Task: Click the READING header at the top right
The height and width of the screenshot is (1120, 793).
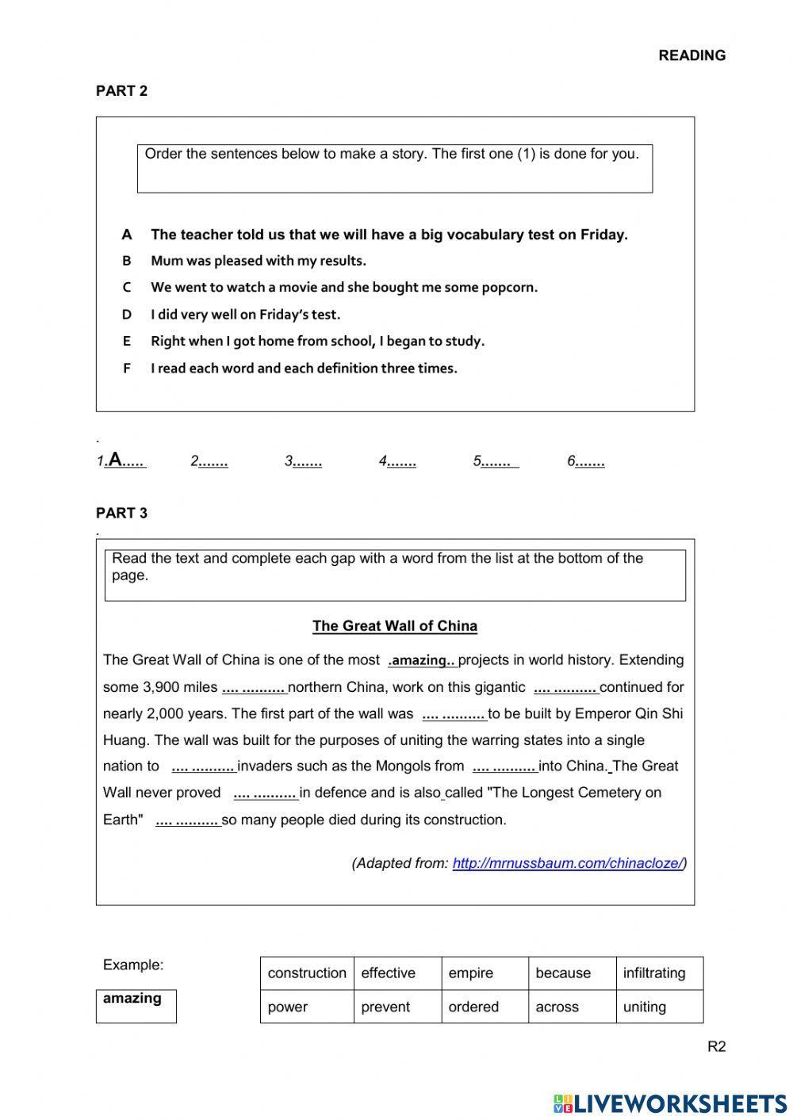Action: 691,55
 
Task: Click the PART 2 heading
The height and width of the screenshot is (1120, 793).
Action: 121,91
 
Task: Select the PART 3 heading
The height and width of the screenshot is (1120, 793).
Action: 121,513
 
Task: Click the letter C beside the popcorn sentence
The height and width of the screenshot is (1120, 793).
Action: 126,288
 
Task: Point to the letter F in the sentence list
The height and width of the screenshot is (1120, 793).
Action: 126,369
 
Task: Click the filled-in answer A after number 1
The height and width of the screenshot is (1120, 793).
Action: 116,459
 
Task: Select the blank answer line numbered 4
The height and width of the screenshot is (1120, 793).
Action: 401,461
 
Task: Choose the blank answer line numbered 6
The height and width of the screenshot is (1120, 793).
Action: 590,461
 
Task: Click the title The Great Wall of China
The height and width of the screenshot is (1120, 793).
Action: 395,626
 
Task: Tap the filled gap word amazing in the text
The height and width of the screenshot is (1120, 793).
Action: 422,660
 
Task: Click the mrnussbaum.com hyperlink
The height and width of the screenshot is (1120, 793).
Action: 567,863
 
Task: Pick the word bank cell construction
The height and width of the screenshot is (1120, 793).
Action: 307,973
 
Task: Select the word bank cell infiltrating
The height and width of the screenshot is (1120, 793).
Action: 654,973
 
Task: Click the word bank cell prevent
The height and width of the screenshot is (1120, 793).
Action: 385,1007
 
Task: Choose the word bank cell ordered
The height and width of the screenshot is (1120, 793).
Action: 473,1007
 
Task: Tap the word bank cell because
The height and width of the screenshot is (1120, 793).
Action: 563,973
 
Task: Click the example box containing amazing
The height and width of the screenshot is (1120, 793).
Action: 136,1005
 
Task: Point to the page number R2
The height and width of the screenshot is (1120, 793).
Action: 716,1046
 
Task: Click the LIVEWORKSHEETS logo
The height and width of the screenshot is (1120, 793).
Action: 670,1103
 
